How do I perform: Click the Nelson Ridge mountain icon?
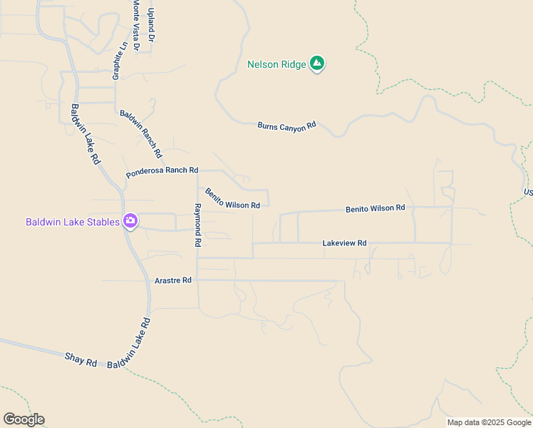tap(318, 64)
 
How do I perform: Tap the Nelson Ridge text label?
tap(276, 64)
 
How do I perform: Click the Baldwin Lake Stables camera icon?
tap(130, 221)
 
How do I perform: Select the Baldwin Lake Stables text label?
tap(73, 222)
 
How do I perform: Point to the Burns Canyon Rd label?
tap(286, 126)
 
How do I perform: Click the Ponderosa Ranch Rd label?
tap(162, 171)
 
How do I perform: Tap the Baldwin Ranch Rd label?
tap(141, 134)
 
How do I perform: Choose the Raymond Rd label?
tap(197, 225)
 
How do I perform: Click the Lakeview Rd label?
tap(344, 243)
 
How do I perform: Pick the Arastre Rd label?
tap(173, 280)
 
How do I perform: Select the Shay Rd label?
tap(81, 359)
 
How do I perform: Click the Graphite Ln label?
tap(120, 60)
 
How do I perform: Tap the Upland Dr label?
tap(150, 24)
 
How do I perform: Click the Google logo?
tap(24, 419)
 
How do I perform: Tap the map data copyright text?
tap(490, 422)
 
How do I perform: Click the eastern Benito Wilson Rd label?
tap(375, 208)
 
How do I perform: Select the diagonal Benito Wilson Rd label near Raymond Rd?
tap(232, 199)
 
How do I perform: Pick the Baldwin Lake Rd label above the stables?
tap(86, 135)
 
